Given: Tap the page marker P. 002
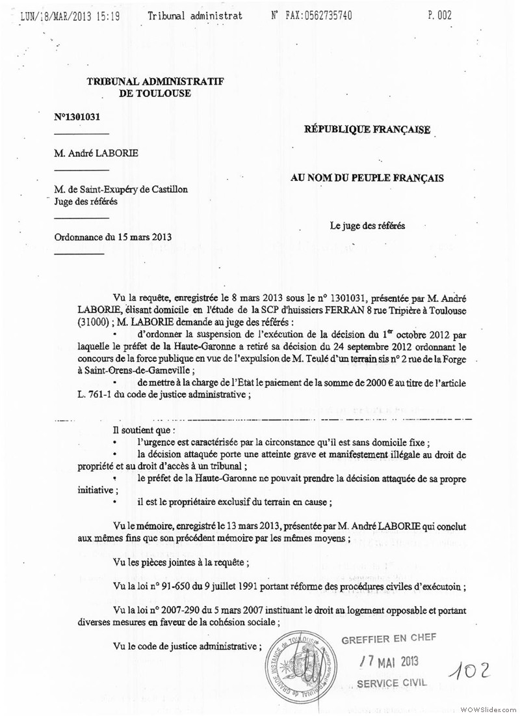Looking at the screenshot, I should tap(440, 15).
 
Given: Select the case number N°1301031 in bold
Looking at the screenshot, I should tap(77, 117).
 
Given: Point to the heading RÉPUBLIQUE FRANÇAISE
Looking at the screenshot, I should tap(367, 130).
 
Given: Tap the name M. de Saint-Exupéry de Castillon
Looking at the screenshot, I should tap(122, 189).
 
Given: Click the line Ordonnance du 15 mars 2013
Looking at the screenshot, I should tap(113, 237).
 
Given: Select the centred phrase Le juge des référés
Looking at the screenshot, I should tap(367, 226).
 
